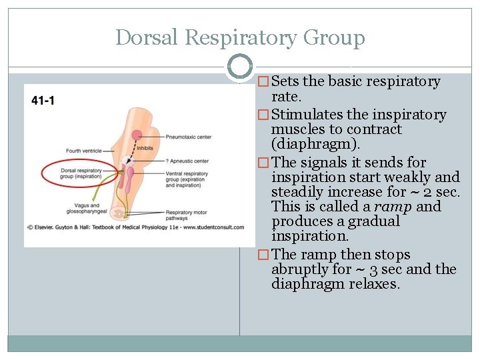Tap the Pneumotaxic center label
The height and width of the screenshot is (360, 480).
point(189,137)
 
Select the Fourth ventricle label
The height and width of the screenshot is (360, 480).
point(83,151)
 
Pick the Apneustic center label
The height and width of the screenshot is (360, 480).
point(189,161)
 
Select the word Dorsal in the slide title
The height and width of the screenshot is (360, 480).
point(147,37)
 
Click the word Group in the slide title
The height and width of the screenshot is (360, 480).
point(334,37)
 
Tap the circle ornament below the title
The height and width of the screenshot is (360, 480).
point(239,67)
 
